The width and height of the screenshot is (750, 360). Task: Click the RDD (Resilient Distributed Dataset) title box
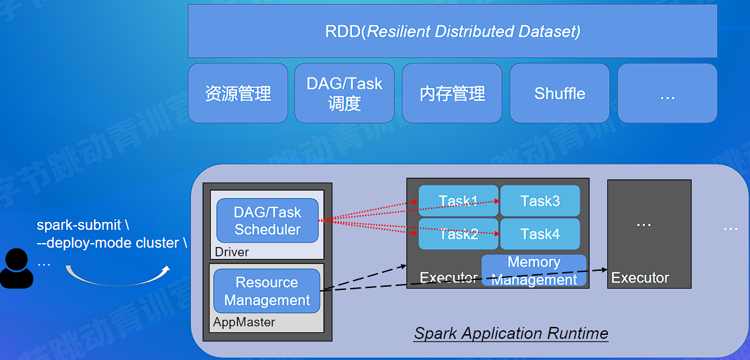coord(453,31)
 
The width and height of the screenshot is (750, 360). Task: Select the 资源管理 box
coord(238,93)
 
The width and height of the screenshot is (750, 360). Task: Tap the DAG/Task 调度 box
coord(344,93)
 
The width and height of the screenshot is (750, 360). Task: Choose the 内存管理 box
coord(452,93)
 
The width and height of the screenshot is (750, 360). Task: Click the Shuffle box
coord(560,93)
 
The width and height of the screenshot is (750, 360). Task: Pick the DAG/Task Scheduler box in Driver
coord(268,221)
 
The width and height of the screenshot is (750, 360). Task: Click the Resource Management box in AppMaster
coord(267,291)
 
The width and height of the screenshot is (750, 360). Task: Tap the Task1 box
coord(459,201)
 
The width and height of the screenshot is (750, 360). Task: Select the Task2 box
coord(459,234)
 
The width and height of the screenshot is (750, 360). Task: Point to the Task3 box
coord(540,201)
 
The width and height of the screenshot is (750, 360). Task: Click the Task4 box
coord(540,234)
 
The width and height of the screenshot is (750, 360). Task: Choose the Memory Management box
coord(534,271)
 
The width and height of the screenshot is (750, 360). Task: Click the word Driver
coord(232,252)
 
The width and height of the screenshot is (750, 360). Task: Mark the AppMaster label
coord(244,322)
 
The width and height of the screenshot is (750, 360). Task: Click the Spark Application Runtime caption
coord(511,333)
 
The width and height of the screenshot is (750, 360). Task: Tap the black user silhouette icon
coord(17,269)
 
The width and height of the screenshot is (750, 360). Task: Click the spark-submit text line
coord(83,225)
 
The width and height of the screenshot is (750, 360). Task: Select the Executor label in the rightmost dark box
coord(640,278)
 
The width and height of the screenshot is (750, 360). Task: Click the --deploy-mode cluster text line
coord(112,242)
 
